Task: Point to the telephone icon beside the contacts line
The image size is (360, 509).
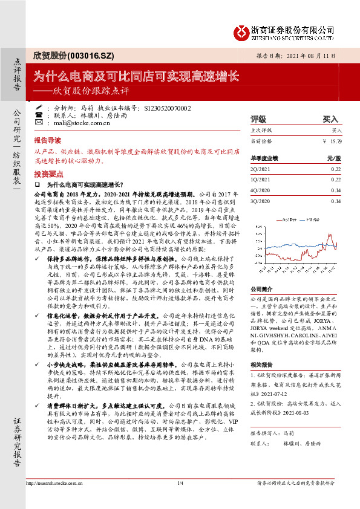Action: coord(39,114)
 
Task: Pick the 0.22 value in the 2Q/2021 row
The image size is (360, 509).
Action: coord(336,169)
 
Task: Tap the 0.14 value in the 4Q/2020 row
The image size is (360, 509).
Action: coord(336,190)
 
